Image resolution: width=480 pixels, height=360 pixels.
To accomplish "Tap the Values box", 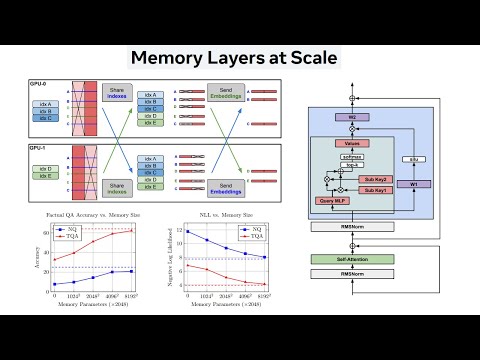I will tap(352, 144).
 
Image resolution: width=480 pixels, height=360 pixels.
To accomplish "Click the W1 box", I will tap(414, 183).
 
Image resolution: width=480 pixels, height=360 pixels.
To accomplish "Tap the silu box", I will tap(413, 160).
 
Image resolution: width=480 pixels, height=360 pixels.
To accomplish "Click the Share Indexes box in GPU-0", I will tap(120, 95).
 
